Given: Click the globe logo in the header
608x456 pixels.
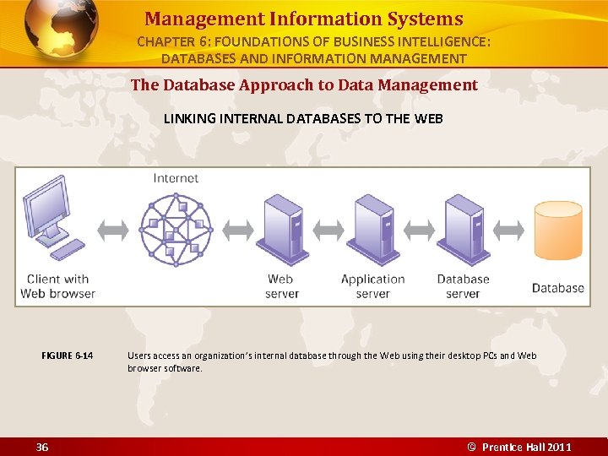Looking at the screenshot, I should [61, 31].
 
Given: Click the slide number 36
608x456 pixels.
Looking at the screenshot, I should [42, 447].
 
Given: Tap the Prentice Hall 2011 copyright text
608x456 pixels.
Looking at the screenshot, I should [519, 447].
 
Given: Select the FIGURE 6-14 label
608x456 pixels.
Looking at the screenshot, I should [68, 356].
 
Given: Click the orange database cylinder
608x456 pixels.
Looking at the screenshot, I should [558, 231].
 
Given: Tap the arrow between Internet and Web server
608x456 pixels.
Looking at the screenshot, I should [238, 229].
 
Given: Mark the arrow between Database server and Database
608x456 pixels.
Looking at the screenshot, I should [509, 229].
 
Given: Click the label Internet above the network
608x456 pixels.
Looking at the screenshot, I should [176, 178].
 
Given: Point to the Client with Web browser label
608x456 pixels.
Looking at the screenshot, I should [57, 286].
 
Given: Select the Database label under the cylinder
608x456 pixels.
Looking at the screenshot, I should [557, 288].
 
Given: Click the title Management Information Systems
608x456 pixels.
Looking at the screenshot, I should [303, 19].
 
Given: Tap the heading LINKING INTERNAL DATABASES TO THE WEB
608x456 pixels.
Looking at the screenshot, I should [303, 118].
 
